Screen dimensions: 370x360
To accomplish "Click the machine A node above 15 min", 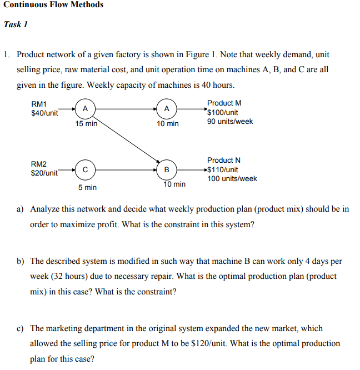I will (x=84, y=108).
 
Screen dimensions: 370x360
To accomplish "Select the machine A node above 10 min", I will (x=167, y=108).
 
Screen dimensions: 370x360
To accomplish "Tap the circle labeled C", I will (x=84, y=168).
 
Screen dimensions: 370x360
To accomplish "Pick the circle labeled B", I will (x=167, y=168).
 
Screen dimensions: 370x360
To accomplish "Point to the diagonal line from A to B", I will (x=128, y=139).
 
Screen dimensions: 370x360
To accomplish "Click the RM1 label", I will (x=39, y=104).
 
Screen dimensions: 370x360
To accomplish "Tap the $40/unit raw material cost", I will (x=44, y=113).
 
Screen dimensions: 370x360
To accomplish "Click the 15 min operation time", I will (x=86, y=124).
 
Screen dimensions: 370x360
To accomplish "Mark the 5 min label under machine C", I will (x=87, y=188).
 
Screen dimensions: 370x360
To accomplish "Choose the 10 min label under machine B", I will (x=174, y=184).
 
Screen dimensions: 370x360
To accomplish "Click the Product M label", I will (x=224, y=103).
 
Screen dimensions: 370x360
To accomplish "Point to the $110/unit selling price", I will (x=223, y=169).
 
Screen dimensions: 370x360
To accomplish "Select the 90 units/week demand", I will (x=229, y=121).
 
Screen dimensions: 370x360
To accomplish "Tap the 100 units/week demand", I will (x=232, y=179).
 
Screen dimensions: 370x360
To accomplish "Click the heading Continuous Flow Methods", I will (x=53, y=5).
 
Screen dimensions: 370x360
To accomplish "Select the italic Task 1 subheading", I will (x=16, y=24).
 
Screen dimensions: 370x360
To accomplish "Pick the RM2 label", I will (x=39, y=164).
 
